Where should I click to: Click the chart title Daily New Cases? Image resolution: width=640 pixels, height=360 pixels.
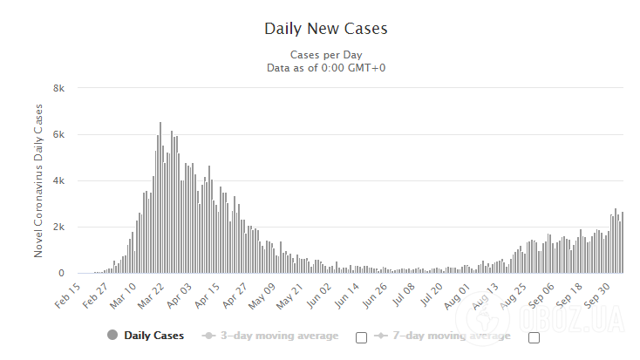click(x=325, y=29)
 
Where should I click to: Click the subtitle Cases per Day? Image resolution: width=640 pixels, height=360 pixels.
click(x=325, y=54)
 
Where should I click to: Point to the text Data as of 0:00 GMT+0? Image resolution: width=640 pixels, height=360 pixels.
click(x=325, y=67)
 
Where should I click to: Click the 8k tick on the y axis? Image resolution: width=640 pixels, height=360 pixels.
click(x=59, y=88)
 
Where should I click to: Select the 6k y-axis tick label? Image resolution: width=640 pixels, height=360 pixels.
click(x=59, y=134)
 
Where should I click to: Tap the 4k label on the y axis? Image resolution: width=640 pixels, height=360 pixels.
click(x=59, y=180)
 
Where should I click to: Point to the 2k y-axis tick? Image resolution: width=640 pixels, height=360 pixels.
click(x=59, y=227)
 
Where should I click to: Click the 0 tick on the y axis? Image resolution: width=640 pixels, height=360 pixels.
click(x=62, y=273)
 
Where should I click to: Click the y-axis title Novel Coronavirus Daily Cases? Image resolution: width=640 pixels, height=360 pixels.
click(x=38, y=180)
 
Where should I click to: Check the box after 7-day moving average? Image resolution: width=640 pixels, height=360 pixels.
click(x=534, y=337)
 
